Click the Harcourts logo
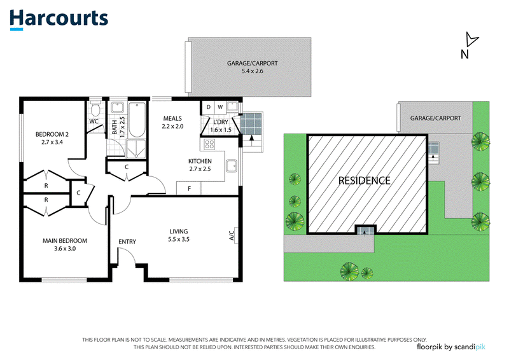tap(59, 20)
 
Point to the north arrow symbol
tap(471, 39)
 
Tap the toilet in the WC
tap(95, 109)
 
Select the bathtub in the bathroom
tap(137, 120)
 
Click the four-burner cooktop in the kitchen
tap(209, 144)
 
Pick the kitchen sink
tap(232, 165)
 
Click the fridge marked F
tap(188, 188)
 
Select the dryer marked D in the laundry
tap(208, 107)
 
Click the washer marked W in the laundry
tap(220, 107)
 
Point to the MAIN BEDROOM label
tap(65, 241)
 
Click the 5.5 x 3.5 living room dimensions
tap(179, 239)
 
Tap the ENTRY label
tap(127, 242)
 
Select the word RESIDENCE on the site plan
tap(364, 181)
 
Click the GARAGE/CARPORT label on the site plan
tap(435, 118)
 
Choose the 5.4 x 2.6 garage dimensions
tap(253, 71)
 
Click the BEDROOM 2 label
tap(52, 134)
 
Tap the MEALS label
tap(172, 118)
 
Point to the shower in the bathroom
tap(136, 149)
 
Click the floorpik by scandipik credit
tap(451, 347)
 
